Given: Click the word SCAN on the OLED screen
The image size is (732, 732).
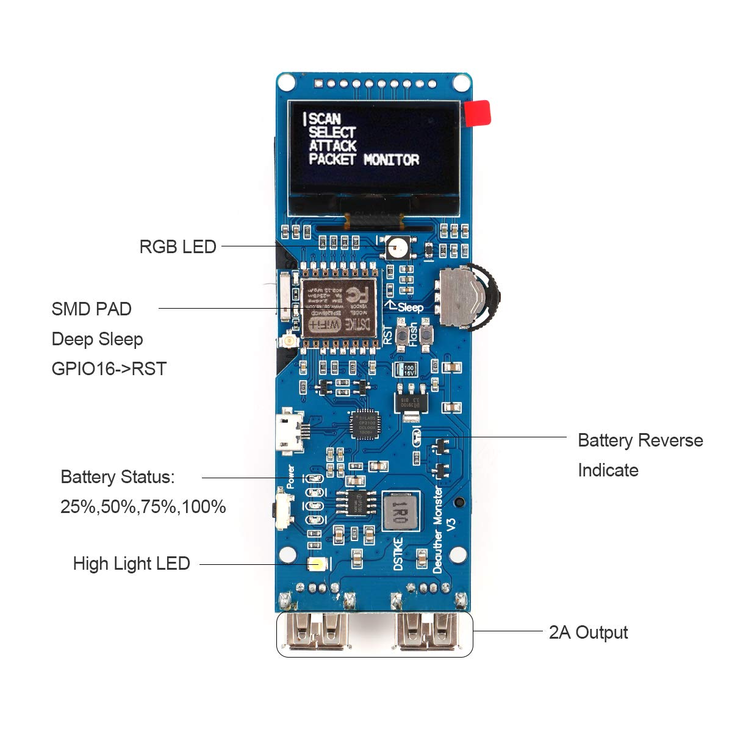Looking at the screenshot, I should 325,118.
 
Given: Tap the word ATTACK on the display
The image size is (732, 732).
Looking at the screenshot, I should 332,146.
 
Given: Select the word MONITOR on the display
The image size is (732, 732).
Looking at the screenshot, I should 392,160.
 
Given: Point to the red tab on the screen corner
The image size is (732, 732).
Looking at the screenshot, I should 478,113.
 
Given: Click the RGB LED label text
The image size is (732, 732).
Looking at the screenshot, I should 178,246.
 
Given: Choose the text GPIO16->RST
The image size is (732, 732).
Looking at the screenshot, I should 109,368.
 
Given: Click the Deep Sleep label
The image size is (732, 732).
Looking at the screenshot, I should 97,339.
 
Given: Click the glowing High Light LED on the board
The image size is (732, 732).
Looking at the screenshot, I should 316,564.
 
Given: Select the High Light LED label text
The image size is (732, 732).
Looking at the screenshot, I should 131,563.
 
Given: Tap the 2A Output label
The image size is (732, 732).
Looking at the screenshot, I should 588,633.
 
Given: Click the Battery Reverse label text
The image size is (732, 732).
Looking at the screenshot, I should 640,440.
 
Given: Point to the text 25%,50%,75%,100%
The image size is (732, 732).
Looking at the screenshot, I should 143,506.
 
